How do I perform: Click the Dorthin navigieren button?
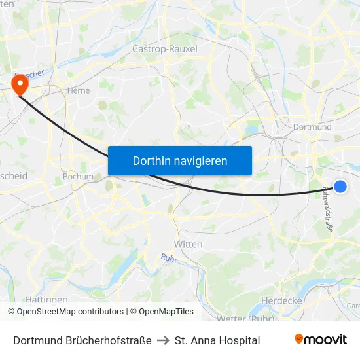pos(179,160)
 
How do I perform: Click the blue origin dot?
pos(340,187)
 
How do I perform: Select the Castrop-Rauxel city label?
pos(164,48)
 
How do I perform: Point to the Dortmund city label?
pos(313,126)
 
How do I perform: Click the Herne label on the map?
pos(78,91)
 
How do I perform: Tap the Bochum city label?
pos(78,176)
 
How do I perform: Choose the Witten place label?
pos(188,244)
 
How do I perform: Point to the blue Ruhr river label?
pos(168,258)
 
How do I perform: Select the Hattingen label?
pos(47,300)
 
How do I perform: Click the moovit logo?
pos(320,340)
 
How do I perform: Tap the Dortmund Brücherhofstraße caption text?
pos(82,340)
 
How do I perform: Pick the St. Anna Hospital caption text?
pos(217,340)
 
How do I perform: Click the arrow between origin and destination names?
pos(163,340)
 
